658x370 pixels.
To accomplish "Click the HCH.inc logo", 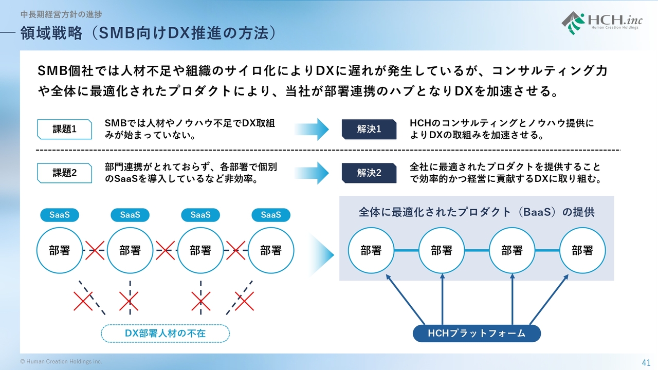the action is (602, 23).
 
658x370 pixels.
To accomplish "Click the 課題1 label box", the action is (64, 129).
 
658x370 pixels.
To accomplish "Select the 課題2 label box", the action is (64, 173).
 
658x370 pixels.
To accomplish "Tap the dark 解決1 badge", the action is (369, 129).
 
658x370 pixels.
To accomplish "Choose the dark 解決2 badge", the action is (369, 173).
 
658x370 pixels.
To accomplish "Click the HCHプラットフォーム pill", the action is (477, 334).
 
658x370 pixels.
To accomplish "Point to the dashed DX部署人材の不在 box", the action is (165, 334).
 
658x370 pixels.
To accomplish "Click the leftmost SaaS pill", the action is (60, 215).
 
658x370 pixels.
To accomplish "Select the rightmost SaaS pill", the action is (271, 215).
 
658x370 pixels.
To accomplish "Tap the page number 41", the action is (646, 363).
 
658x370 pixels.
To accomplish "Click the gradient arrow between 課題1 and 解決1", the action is (312, 129).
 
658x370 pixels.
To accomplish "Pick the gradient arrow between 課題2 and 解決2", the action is (312, 173).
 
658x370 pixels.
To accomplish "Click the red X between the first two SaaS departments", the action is (95, 250).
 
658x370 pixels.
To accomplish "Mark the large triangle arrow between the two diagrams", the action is (322, 254).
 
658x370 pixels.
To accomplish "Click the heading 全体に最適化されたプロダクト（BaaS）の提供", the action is (477, 212).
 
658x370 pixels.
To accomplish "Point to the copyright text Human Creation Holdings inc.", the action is (61, 361).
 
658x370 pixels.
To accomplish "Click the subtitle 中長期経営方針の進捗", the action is (61, 14).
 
